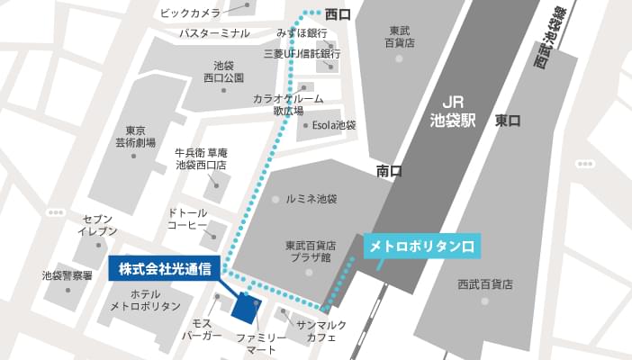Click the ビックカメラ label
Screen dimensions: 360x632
pos(189,13)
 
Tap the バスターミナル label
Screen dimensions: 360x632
pos(213,33)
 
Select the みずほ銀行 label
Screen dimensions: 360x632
pos(302,33)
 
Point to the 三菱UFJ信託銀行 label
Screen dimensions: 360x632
pos(302,54)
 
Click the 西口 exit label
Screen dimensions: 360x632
pos(338,14)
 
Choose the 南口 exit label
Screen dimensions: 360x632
pos(390,170)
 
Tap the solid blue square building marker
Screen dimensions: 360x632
pos(245,307)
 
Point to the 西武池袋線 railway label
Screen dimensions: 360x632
pos(554,40)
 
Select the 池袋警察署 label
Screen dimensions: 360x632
pos(68,275)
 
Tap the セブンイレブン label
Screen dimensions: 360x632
pos(99,225)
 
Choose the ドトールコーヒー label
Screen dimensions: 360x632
pos(187,218)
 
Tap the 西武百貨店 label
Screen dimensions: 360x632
pos(484,284)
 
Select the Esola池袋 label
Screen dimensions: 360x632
pos(333,126)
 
